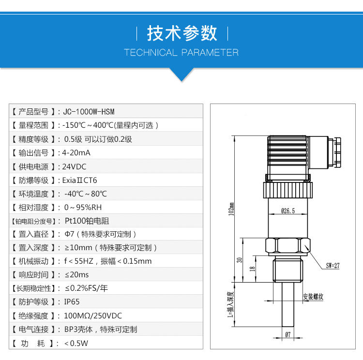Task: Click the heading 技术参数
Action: pos(181,33)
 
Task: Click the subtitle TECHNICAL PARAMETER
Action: pos(181,52)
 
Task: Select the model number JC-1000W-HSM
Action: pos(89,111)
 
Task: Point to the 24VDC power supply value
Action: pos(75,167)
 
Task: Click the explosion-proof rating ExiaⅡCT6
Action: pos(80,180)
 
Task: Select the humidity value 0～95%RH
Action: pos(83,208)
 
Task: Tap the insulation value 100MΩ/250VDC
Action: pos(93,316)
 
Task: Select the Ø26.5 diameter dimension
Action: pos(287,210)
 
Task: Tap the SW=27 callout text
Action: pos(333,265)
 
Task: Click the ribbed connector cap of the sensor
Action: pos(287,155)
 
